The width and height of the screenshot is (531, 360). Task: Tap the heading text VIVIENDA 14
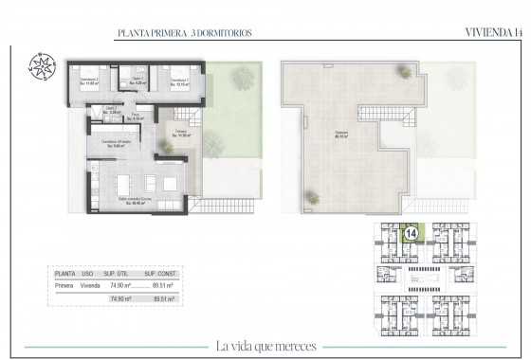(x=493, y=32)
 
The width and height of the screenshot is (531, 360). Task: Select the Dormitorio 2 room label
(x=91, y=81)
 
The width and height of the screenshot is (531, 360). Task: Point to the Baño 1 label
(x=137, y=81)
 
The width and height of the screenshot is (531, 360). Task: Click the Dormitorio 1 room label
(x=174, y=80)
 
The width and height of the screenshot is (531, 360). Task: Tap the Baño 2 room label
(x=110, y=110)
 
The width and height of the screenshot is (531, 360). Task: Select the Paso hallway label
(x=137, y=117)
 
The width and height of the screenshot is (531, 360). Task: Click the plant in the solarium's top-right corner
(x=405, y=73)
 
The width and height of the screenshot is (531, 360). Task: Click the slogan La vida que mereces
(x=265, y=345)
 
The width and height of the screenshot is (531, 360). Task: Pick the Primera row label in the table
(x=65, y=282)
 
